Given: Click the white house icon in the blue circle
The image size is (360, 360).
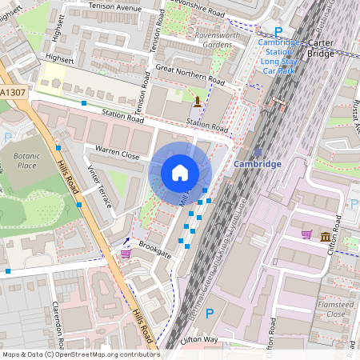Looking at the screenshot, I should (180, 172).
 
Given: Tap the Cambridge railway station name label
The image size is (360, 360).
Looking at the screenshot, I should (258, 164).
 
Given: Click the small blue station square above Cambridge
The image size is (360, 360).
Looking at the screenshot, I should (257, 150).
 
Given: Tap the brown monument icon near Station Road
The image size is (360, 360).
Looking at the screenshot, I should (198, 101).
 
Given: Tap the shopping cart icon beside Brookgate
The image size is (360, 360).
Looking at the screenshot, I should (126, 253).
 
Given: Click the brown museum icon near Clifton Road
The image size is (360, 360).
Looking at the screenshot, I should (325, 237).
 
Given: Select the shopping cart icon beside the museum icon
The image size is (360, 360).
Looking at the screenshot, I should (306, 234).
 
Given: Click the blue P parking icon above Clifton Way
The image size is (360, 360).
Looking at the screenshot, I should (210, 314).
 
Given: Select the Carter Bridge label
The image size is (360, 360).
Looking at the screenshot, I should (321, 49).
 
